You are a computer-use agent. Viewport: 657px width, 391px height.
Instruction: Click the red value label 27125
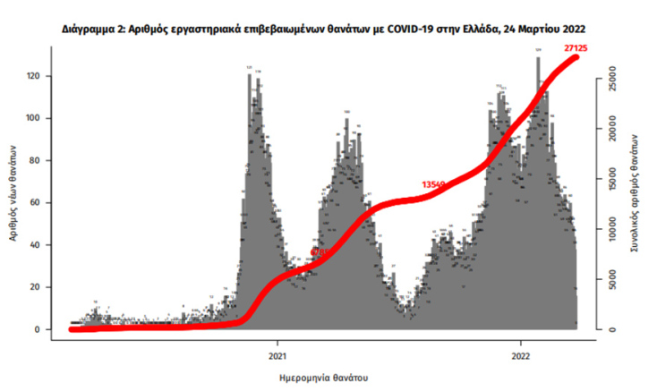tap(575, 47)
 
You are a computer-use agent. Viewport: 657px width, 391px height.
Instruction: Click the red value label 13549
tap(433, 184)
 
